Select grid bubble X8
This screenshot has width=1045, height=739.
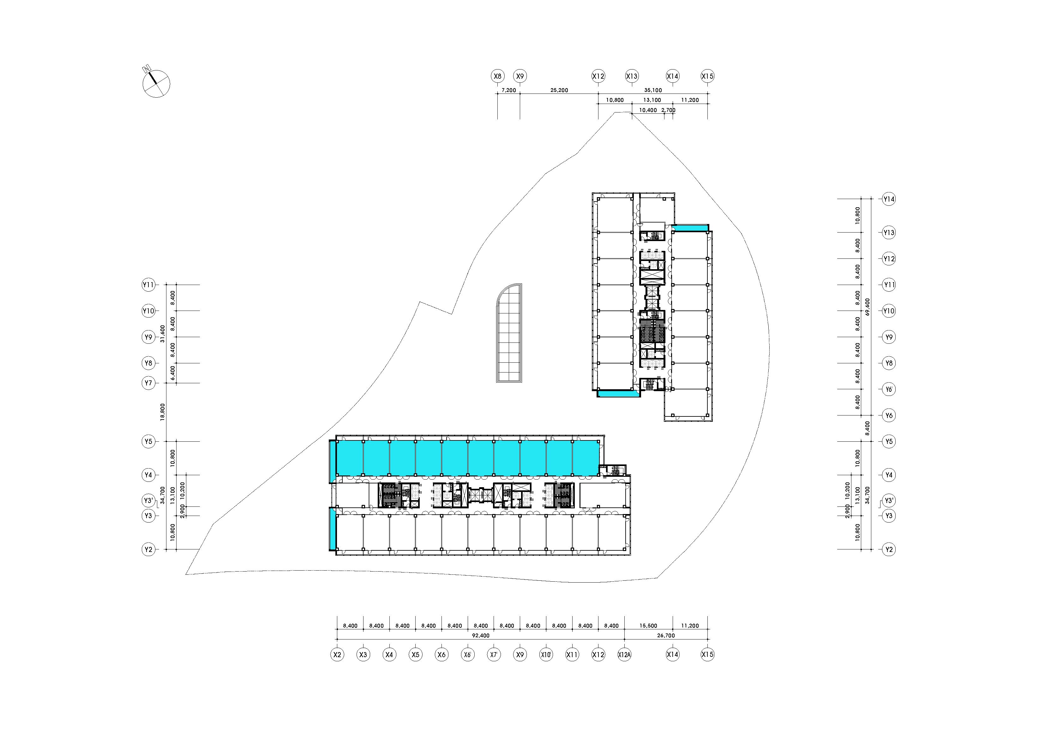(x=497, y=76)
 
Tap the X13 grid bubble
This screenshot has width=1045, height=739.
(x=632, y=76)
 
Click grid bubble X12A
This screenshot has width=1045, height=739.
(x=624, y=655)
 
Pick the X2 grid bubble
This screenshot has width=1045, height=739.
(x=337, y=655)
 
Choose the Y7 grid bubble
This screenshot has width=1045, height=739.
(x=148, y=383)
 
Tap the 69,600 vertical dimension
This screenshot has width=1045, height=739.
(x=868, y=307)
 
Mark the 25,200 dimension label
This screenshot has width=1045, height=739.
(x=559, y=90)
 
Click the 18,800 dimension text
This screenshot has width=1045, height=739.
(x=163, y=412)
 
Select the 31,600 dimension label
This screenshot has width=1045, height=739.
(x=163, y=334)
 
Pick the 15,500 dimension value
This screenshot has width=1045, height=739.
(x=648, y=626)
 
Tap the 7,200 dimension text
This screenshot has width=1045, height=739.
(x=508, y=90)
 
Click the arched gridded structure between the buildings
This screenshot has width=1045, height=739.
(x=509, y=333)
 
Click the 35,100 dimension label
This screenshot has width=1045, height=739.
(x=653, y=90)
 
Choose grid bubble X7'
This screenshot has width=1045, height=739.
(x=494, y=655)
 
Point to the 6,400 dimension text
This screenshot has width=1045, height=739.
(x=172, y=373)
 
